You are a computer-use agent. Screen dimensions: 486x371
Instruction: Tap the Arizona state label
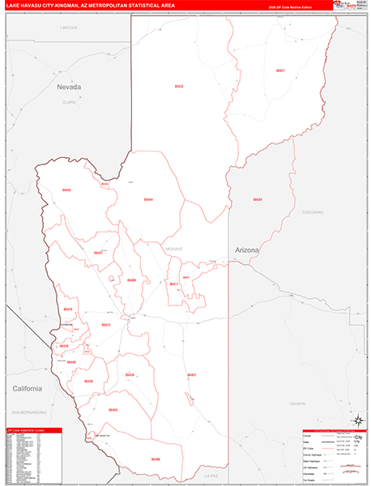[247, 250]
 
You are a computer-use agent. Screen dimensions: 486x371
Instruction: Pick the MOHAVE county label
[174, 249]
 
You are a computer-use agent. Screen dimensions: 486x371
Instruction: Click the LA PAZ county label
[212, 475]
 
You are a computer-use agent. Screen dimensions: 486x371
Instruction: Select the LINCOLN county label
[69, 28]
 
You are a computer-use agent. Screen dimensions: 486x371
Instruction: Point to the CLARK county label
[69, 103]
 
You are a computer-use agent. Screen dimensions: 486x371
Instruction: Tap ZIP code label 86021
[280, 70]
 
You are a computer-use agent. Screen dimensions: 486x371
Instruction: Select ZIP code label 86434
[258, 198]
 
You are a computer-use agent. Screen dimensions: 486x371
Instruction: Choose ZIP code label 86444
[148, 198]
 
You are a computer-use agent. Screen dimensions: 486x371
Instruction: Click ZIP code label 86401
[192, 375]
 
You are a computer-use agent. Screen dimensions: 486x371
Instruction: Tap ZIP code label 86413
[105, 325]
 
